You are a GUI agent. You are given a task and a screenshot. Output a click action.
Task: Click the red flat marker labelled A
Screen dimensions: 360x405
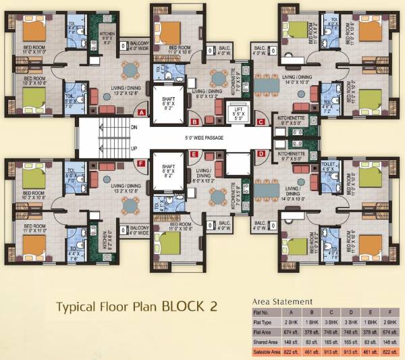pos(142,113)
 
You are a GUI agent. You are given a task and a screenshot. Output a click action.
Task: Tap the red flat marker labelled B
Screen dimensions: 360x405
pos(194,122)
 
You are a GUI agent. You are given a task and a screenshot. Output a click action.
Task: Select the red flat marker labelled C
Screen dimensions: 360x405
pos(261,122)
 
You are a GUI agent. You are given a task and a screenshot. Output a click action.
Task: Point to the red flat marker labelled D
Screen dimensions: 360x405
pos(261,154)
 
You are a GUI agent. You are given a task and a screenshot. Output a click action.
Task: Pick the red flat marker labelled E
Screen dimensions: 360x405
pos(194,154)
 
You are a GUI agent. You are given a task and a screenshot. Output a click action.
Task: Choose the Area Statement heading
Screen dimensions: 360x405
pos(281,301)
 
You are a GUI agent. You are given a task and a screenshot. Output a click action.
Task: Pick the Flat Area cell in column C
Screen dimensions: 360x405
pos(333,333)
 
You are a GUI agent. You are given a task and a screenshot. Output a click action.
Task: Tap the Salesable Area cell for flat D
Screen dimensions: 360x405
pos(352,352)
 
